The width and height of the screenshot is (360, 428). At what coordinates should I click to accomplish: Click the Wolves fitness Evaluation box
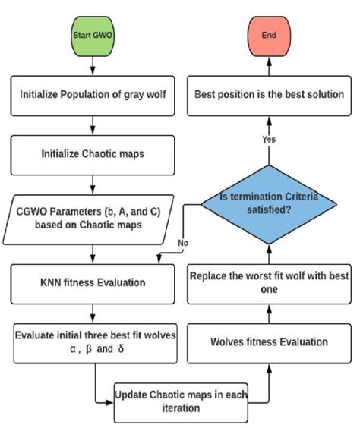269,342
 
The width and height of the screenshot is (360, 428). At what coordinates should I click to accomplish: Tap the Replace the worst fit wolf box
269,282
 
